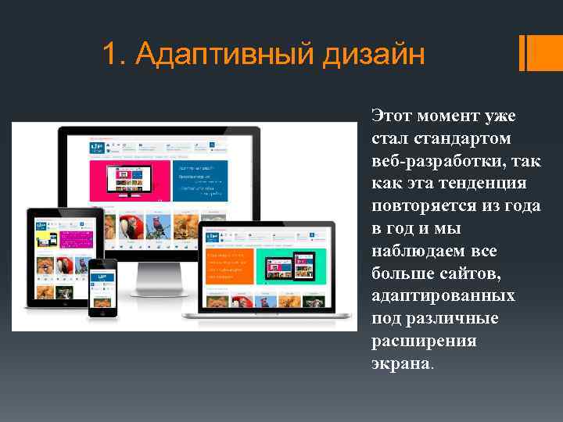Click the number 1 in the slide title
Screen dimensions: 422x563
pos(111,55)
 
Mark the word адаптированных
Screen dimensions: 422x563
pos(443,297)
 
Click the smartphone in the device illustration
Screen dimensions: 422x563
pos(102,287)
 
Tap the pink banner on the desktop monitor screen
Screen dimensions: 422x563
pos(129,179)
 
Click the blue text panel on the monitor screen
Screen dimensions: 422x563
pos(199,179)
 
